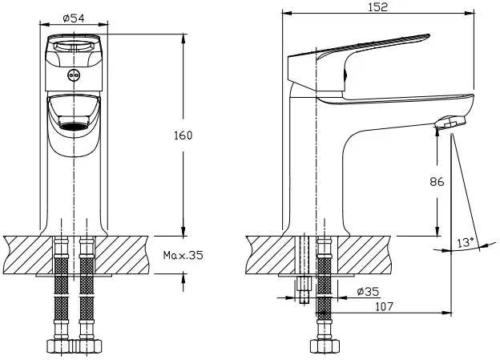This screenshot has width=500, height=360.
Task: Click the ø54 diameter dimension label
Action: tap(74, 18)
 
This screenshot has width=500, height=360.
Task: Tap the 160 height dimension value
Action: tap(183, 136)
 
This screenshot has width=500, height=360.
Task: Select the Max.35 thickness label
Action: tap(183, 255)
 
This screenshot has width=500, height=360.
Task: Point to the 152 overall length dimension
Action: tap(378, 7)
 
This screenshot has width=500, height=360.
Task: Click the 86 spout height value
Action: tap(437, 181)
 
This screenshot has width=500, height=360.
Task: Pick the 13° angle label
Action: tap(466, 243)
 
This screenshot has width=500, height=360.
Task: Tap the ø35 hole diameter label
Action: tap(369, 291)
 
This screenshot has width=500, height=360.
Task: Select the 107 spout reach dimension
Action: tap(384, 306)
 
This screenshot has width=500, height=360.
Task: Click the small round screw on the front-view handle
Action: tap(74, 75)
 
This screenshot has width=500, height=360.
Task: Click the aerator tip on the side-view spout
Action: tap(450, 123)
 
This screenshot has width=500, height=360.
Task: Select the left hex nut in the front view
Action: tap(58, 346)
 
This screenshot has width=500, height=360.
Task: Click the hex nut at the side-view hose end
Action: tap(325, 346)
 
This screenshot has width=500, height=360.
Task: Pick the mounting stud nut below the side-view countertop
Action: tap(304, 284)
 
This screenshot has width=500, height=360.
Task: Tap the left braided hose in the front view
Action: tap(61, 287)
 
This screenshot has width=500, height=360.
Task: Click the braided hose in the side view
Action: tap(325, 287)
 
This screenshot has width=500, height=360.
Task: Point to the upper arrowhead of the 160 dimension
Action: tap(183, 38)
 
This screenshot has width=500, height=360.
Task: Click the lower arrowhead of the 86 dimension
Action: tap(437, 231)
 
